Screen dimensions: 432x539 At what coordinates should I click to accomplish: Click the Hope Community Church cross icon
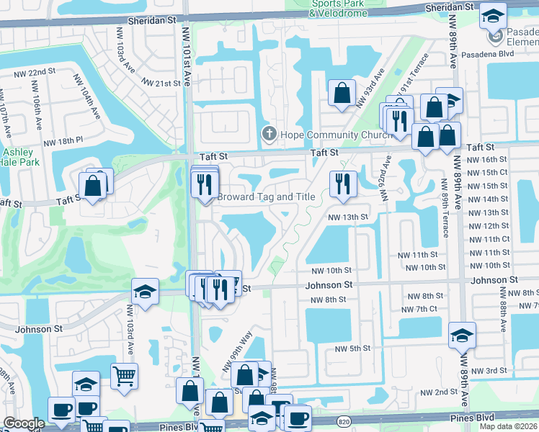coord(269,134)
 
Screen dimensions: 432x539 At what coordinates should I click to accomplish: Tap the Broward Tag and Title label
coord(267,197)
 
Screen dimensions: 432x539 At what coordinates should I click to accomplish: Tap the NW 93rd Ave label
coord(370,89)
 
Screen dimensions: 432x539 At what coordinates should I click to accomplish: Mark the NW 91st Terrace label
coord(418,72)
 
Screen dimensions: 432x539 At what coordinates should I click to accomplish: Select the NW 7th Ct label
coord(422,309)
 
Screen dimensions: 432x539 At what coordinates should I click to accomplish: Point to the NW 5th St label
coord(352,348)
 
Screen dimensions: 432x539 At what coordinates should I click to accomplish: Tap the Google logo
coord(24,423)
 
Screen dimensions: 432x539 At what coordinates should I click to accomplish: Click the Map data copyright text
coord(509,426)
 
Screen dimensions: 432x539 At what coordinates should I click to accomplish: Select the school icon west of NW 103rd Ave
coord(145,292)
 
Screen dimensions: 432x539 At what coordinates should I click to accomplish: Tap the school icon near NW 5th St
coord(461,335)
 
